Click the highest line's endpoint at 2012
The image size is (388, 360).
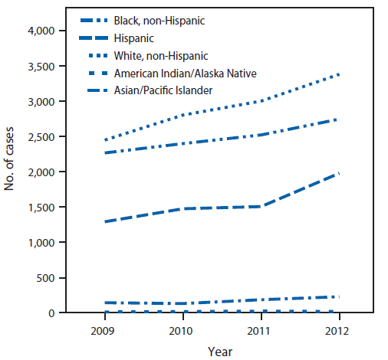338,74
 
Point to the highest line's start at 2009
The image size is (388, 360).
104,140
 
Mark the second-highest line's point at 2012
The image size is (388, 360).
338,119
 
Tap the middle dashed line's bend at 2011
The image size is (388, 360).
260,207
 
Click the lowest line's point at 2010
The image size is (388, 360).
182,312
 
